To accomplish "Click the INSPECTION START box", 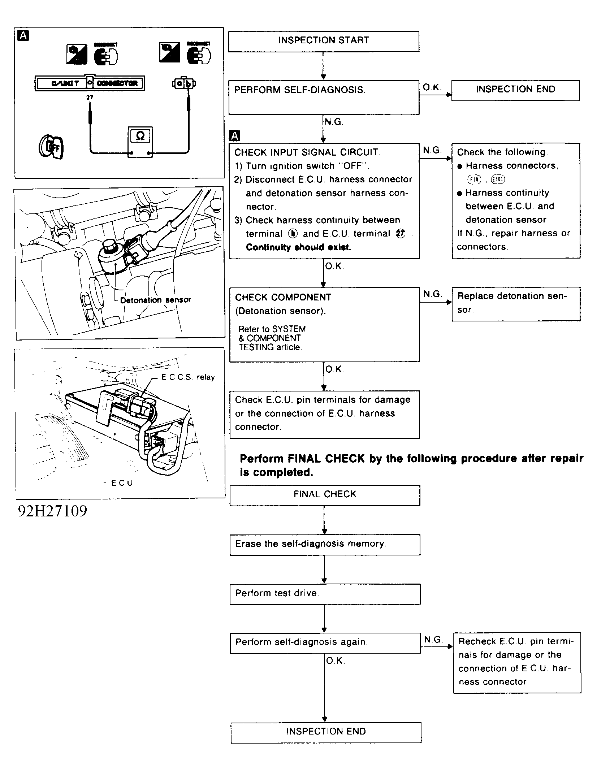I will point(324,41).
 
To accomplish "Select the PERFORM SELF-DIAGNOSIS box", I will point(324,97).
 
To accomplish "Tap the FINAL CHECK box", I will point(325,495).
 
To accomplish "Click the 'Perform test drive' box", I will point(325,594).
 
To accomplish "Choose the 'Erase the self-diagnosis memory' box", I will point(325,544).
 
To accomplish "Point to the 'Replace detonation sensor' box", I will point(516,303).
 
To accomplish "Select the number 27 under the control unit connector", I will point(90,98).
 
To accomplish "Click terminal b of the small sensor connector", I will point(188,84).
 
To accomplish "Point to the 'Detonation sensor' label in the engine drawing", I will point(155,300).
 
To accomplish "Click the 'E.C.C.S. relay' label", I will point(188,377).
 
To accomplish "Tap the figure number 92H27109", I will point(53,511).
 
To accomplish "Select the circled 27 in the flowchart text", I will point(401,234).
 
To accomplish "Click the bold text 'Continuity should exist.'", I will point(298,247).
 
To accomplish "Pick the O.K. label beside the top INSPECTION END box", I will point(432,87).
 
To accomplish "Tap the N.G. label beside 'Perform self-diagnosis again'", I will point(433,640).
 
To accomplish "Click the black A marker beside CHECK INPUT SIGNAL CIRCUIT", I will point(235,136).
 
